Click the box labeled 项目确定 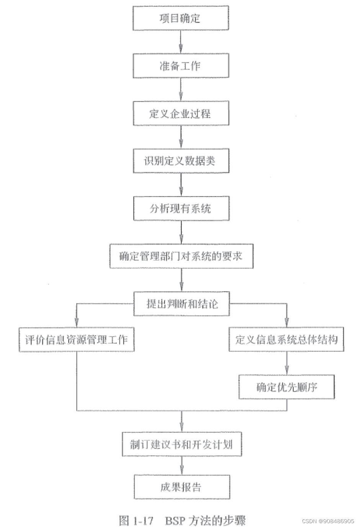180,18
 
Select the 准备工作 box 180,66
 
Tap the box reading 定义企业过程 181,113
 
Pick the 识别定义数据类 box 181,161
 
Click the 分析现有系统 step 181,209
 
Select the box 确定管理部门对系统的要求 181,256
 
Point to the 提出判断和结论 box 181,304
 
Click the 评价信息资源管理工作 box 76,339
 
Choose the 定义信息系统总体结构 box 286,339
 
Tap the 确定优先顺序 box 286,387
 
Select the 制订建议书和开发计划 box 182,444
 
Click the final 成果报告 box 182,487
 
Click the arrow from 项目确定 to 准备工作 180,42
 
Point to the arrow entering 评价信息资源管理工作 77,316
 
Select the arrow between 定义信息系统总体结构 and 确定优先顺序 286,363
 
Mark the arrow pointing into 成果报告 182,466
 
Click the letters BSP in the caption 175,520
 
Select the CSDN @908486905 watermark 328,521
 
